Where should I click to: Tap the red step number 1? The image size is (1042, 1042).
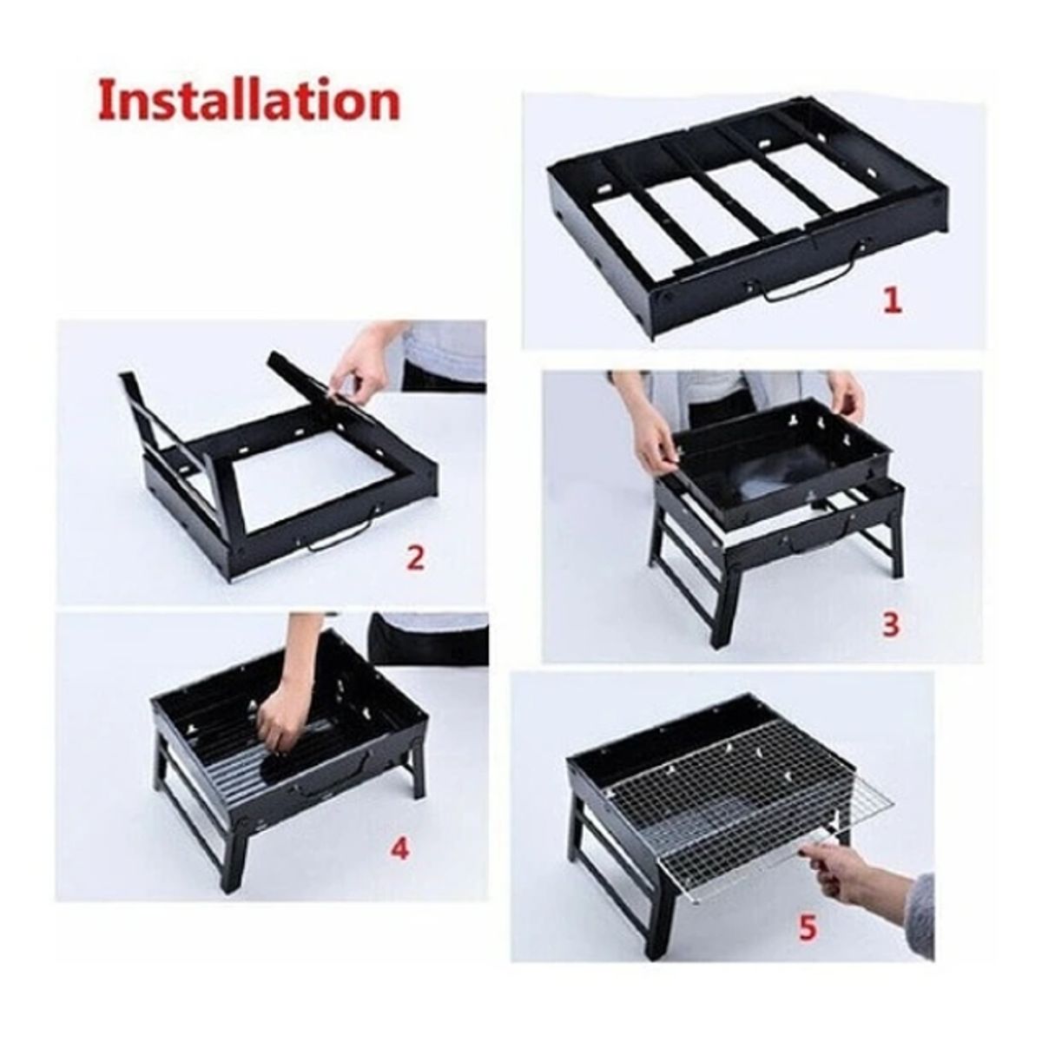coord(892,300)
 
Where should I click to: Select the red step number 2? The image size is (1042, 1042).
coord(416,557)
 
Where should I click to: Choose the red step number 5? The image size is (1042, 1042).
coord(808,928)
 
